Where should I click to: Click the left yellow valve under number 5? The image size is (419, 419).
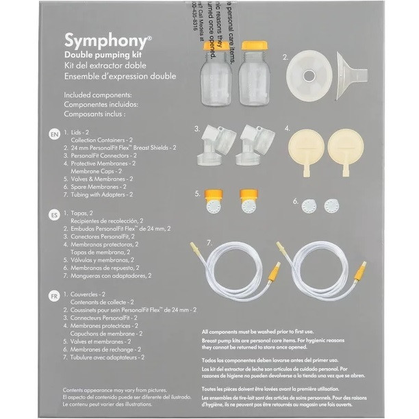tap(213, 203)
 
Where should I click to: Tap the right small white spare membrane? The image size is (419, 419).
tap(333, 206)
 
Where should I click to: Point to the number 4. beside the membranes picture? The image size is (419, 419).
tap(288, 128)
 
